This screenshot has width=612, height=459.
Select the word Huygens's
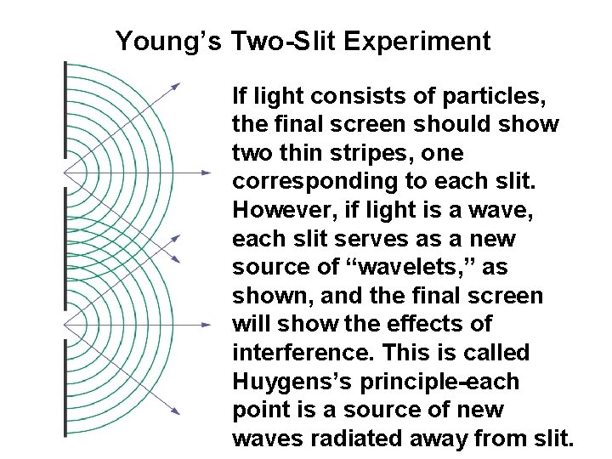(293, 382)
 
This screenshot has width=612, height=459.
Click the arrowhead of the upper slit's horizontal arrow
(207, 173)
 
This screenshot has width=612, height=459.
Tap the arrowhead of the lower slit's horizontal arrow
(207, 324)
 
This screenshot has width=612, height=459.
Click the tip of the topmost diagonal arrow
(178, 84)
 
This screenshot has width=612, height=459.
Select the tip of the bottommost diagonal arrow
(178, 413)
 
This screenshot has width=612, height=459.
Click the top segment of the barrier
(65, 110)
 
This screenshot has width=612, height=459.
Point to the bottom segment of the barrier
(65, 387)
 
